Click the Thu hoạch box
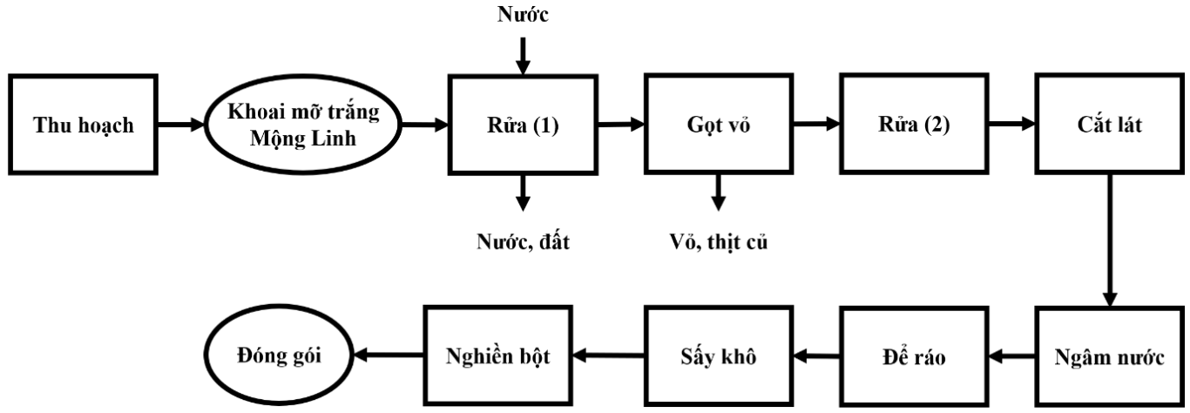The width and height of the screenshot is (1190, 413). point(84,125)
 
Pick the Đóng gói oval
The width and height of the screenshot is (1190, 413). point(284,355)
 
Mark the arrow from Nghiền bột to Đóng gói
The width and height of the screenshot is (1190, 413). point(390,355)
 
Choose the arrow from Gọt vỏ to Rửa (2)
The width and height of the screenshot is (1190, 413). point(816,125)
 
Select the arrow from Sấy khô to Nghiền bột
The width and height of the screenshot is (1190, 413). point(609,355)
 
